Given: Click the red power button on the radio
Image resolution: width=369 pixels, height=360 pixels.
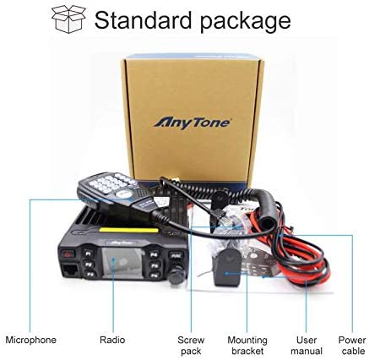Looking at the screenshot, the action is pos(68,254).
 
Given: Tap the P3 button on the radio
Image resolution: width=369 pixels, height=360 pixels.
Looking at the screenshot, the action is pos(90,274).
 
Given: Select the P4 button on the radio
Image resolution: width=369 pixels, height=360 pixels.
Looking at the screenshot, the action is pos(154,255).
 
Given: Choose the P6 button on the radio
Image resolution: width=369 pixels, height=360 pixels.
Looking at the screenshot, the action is pos(155,275).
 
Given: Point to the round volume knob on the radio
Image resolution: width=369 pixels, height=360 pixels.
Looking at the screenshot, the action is pos(176,275).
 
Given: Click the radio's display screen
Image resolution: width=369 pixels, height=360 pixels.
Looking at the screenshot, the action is pos(122,263).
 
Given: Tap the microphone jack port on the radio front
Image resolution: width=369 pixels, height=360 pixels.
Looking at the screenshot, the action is pos(70,271).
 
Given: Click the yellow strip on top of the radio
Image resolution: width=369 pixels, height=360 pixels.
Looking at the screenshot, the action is pos(129,230).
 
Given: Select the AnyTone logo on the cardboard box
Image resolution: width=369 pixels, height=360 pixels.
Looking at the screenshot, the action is pos(192,123).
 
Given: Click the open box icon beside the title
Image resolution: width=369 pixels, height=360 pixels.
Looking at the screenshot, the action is pos(68,19).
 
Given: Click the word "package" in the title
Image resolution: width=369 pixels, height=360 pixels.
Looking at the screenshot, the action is pos(246,21).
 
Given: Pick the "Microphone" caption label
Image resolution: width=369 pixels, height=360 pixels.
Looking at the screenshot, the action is pos(30,340).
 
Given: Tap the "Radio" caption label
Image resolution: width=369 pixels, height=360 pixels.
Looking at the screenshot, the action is pos(112,340).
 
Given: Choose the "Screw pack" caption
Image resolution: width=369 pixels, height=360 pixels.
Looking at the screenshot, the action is pos(191,346).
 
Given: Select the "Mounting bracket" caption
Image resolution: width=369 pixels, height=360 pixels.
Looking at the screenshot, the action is pos(247,346).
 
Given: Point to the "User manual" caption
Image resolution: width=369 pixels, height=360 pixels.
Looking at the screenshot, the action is pos(307,346).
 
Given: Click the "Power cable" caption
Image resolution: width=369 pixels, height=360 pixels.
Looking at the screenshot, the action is pos(352,346).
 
